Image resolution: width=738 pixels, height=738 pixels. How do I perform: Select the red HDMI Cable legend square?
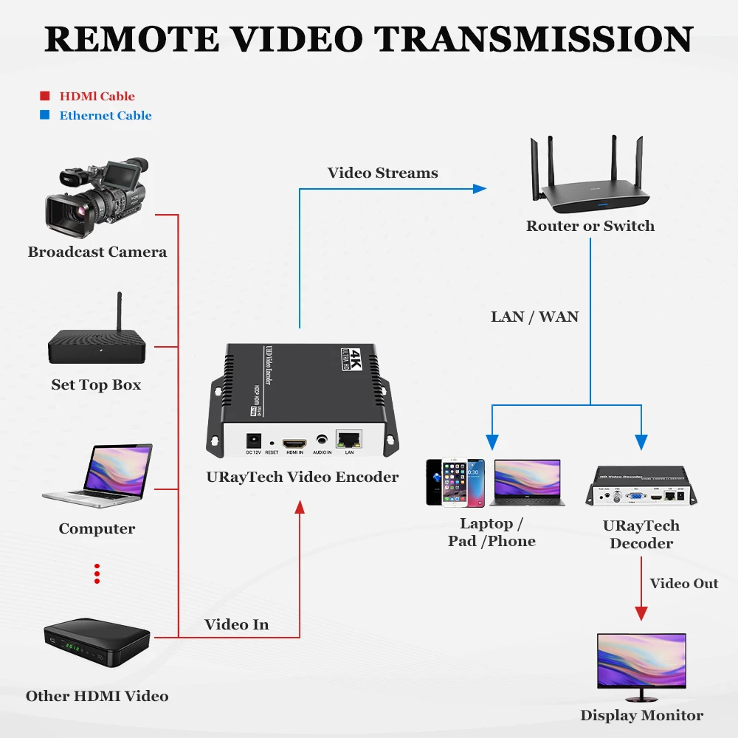click(x=44, y=96)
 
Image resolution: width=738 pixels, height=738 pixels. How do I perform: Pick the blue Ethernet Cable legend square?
click(x=44, y=115)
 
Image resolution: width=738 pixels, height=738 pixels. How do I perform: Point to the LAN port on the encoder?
click(x=349, y=439)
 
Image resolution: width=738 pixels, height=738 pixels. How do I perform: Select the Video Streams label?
click(x=382, y=173)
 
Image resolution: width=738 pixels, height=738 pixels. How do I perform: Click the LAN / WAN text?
click(x=534, y=317)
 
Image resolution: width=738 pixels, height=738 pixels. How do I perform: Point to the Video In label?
click(x=236, y=624)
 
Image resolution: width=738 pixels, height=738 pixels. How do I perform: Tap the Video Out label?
click(x=683, y=584)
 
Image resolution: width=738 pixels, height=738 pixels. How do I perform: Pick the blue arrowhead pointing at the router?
click(x=480, y=189)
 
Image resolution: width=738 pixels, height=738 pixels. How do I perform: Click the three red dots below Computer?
click(x=97, y=573)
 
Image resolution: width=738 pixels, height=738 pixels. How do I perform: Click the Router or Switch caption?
click(x=590, y=226)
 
